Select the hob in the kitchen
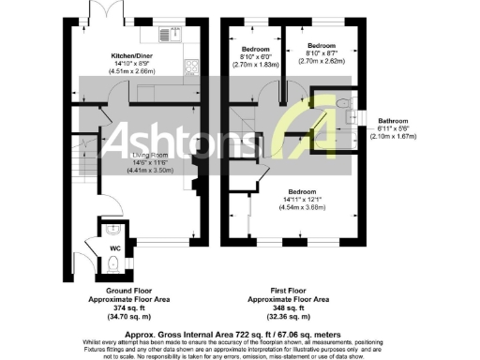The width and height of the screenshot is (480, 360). (192, 67)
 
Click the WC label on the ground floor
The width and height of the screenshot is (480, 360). (115, 248)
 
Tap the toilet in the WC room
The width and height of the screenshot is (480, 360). (113, 265)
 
